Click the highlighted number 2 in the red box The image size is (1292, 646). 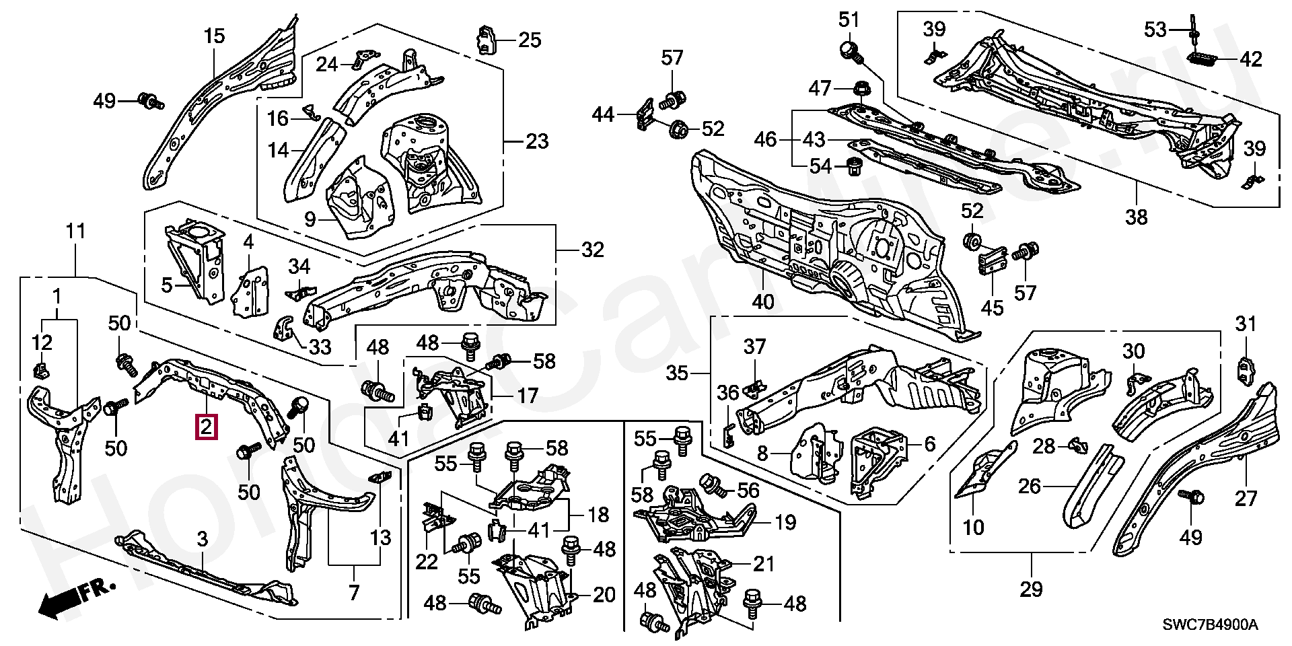206,427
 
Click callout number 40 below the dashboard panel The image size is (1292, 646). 764,303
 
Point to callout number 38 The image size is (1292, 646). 1137,216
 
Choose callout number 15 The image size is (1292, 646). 214,36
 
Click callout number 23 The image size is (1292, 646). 537,142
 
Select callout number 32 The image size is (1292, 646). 592,250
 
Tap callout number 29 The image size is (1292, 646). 1031,589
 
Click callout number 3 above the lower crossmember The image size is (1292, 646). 202,538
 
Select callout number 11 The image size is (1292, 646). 75,232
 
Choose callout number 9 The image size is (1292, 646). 309,219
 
